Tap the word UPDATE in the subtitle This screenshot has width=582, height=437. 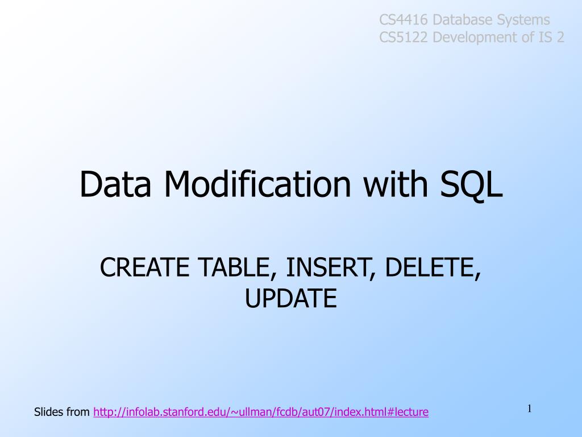point(290,298)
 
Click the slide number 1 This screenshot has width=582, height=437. point(529,408)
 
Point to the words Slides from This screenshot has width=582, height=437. point(61,412)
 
